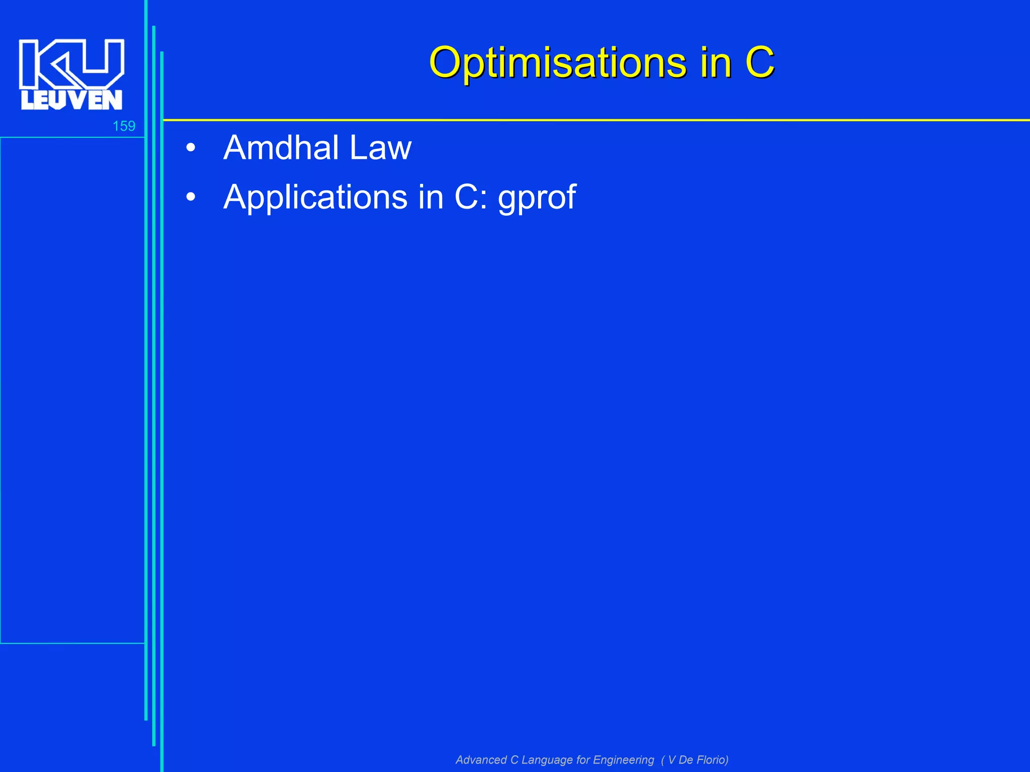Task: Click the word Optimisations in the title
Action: click(557, 63)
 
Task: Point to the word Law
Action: click(380, 148)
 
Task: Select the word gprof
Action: click(537, 198)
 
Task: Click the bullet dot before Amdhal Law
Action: click(190, 149)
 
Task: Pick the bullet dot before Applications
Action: click(190, 198)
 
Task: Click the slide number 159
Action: click(124, 126)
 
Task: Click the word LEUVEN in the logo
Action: click(71, 100)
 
